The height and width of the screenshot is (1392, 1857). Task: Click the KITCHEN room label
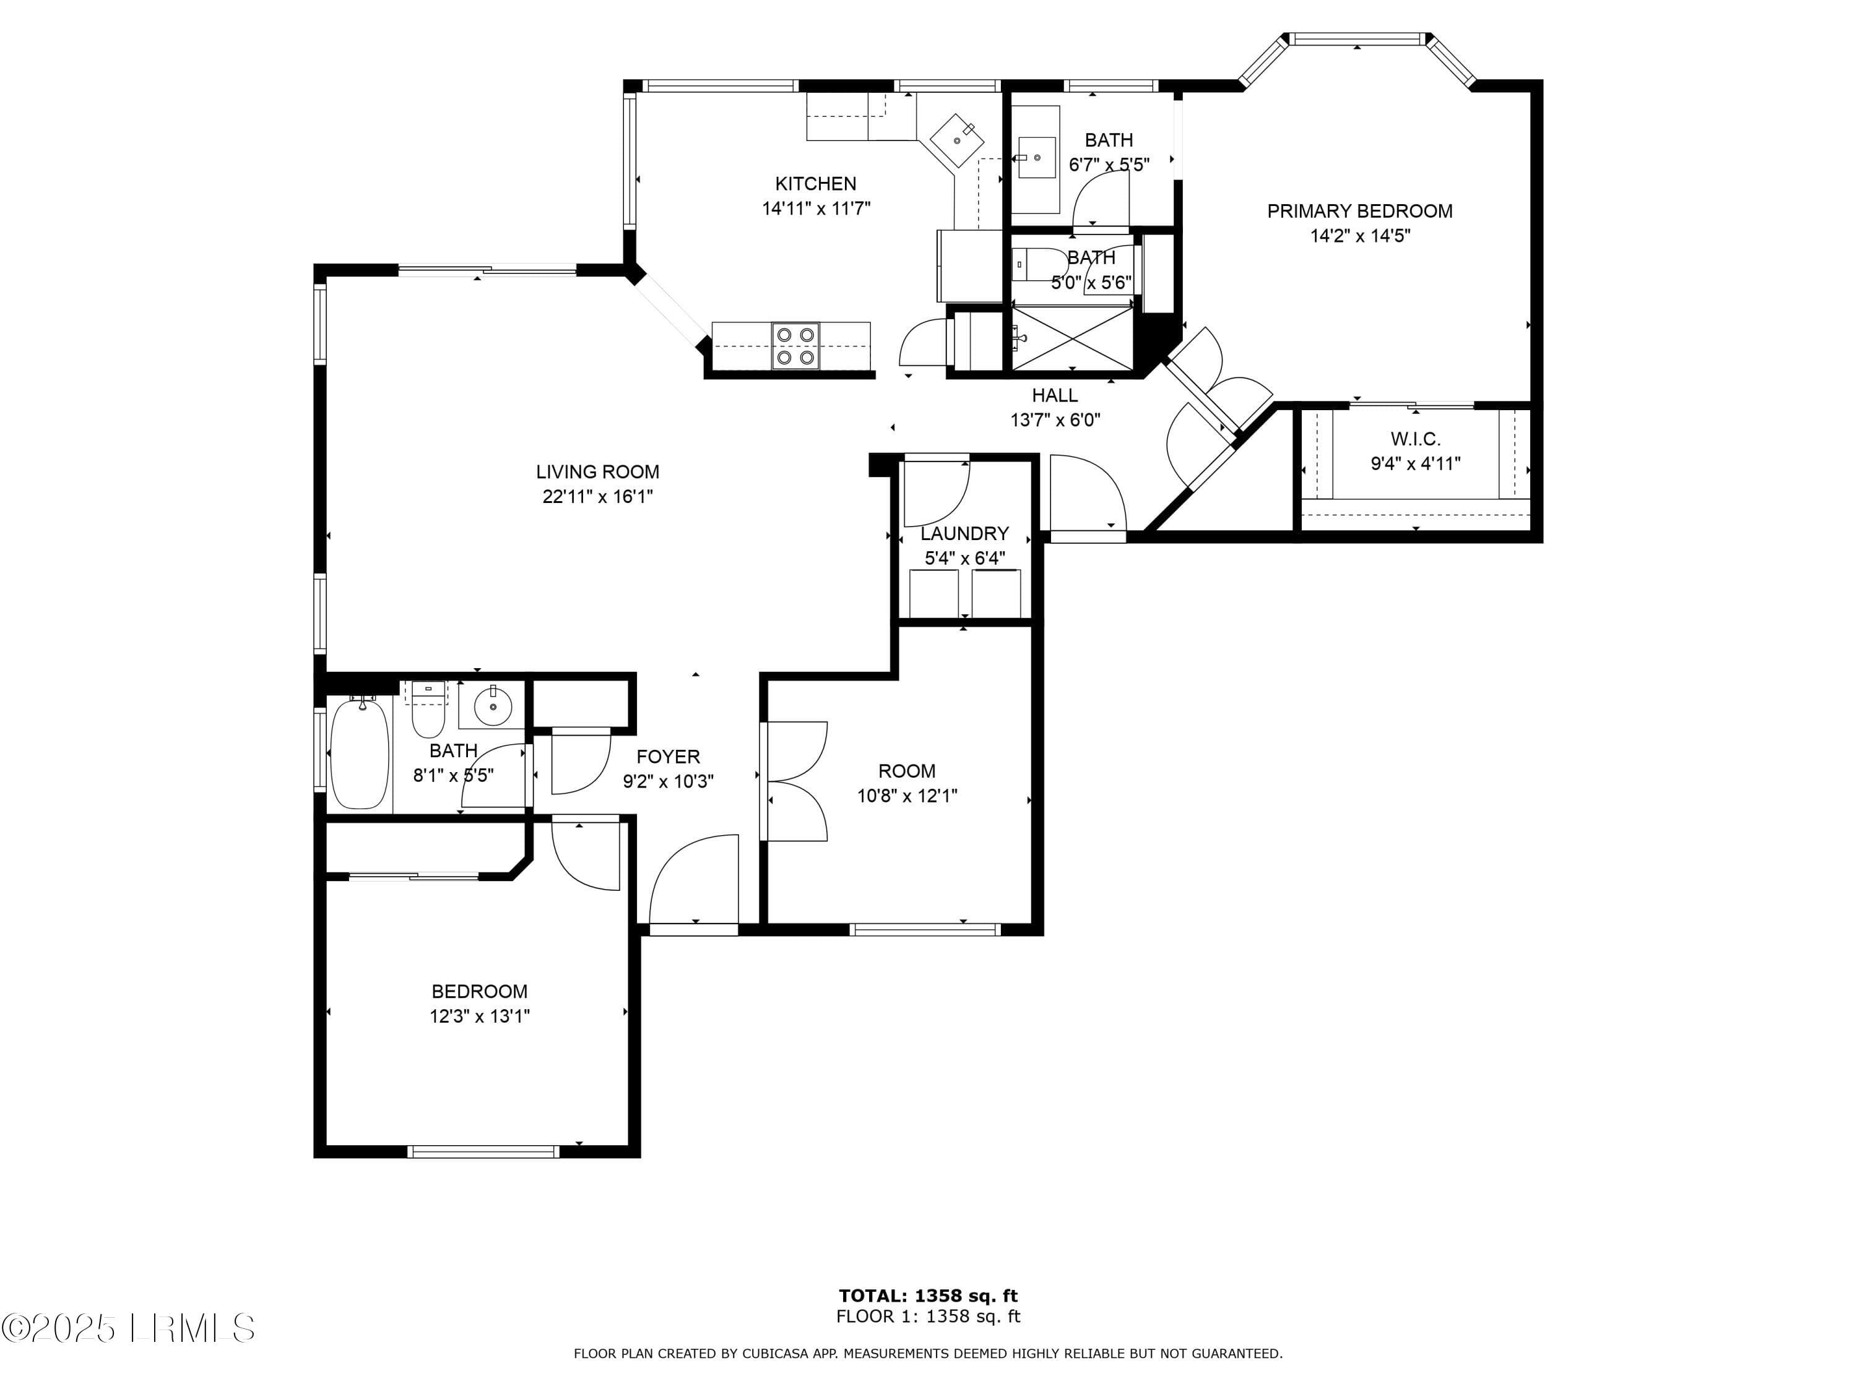pos(815,184)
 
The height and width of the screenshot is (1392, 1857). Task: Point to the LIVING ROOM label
pos(598,471)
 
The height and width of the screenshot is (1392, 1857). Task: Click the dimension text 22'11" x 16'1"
pos(598,497)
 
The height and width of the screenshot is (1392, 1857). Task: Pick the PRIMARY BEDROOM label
pos(1360,212)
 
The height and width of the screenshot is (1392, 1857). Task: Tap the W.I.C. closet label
pos(1416,439)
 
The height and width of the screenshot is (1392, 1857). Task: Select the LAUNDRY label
pos(964,534)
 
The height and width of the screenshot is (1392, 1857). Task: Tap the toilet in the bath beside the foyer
pos(428,709)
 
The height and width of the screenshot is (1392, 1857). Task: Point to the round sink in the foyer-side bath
pos(493,706)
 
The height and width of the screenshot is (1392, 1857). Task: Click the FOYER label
pos(669,757)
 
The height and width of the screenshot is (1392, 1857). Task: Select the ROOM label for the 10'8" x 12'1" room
pos(907,771)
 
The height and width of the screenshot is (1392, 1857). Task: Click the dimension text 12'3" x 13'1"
pos(479,1016)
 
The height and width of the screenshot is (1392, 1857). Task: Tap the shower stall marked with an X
pos(1072,337)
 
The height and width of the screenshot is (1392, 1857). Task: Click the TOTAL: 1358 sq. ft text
pos(928,1296)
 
